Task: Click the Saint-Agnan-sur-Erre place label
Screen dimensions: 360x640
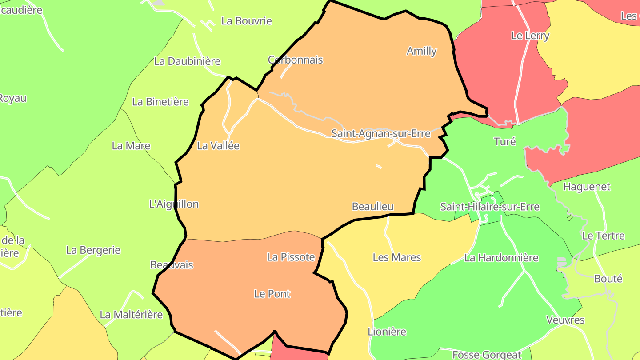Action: click(381, 133)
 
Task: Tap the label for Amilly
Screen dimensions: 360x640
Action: click(421, 51)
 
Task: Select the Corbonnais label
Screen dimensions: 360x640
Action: click(295, 60)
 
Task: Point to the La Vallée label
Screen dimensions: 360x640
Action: click(218, 146)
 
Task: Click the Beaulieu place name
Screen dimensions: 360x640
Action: click(372, 207)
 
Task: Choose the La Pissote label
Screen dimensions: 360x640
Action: click(291, 257)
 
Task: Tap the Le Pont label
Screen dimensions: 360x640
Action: click(272, 294)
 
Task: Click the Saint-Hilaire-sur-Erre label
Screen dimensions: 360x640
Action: click(489, 207)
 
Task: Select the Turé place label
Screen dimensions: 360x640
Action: click(505, 142)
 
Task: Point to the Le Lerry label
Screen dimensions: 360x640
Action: click(530, 36)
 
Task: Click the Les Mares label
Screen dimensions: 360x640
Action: click(396, 257)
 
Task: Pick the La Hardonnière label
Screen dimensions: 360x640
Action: click(501, 258)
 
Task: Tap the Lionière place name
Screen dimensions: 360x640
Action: click(387, 332)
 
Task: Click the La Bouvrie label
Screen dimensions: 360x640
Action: click(246, 21)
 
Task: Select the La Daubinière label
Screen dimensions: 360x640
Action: click(187, 61)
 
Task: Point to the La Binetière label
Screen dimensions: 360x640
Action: click(160, 102)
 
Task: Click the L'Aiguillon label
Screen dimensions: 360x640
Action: click(174, 204)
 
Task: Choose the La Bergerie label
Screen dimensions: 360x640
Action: click(93, 250)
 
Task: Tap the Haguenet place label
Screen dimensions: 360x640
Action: click(587, 187)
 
